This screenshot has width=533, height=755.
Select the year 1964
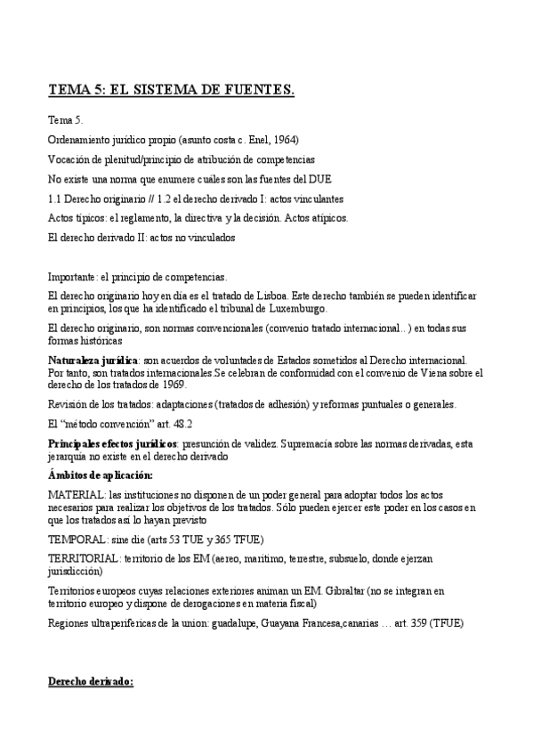pos(284,140)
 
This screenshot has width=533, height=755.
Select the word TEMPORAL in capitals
pos(75,539)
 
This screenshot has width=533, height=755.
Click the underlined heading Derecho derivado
pos(90,681)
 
